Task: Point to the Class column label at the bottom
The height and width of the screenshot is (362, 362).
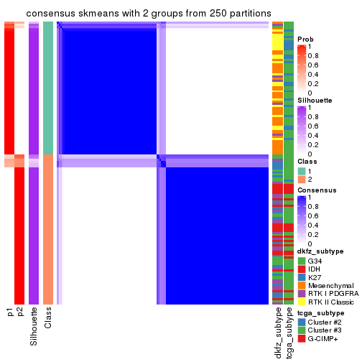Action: pos(48,317)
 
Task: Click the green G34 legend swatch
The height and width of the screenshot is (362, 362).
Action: pos(302,260)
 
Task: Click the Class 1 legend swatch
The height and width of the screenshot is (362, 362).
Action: pos(302,170)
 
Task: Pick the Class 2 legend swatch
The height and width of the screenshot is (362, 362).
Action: pos(302,179)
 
